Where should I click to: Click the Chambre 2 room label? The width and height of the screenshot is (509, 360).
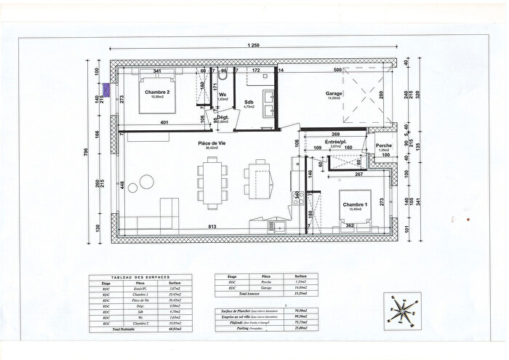(x=156, y=92)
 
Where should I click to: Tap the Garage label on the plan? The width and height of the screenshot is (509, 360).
(x=334, y=94)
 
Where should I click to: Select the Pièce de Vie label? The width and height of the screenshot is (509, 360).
(x=212, y=144)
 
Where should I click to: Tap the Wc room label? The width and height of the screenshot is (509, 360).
(x=223, y=95)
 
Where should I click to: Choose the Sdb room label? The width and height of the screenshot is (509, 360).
(x=248, y=103)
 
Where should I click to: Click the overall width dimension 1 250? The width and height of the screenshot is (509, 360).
(x=254, y=46)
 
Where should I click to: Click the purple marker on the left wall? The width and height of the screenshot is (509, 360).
(x=107, y=90)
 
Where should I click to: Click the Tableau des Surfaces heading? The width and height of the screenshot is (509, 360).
(x=140, y=278)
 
